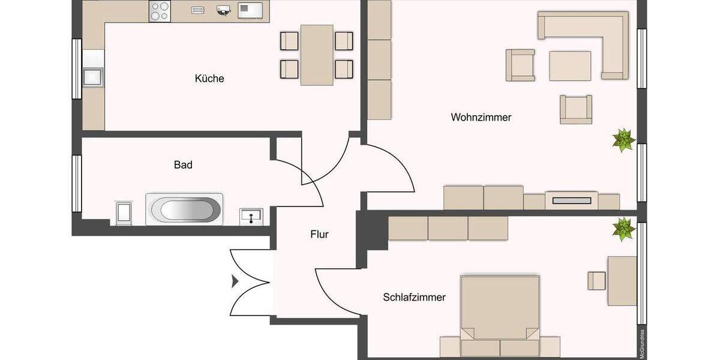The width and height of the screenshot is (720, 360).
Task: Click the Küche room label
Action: pos(209,79)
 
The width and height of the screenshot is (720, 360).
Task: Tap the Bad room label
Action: pos(183,164)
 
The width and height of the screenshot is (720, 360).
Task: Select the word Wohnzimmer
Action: pos(481,118)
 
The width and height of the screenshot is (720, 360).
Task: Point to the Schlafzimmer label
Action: pos(414,297)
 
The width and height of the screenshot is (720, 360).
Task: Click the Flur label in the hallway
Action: pos(319,235)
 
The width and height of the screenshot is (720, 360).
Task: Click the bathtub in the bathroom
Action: pos(184,210)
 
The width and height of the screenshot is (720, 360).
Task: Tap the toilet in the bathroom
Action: pos(124,213)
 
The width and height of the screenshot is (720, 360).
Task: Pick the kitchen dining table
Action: pos(317,55)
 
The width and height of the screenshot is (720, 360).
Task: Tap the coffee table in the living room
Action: pos(570,65)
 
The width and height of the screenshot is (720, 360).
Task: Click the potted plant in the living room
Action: pos(623,140)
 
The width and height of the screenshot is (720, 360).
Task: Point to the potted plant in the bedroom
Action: pos(623,229)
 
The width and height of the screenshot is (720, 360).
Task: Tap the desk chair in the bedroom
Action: pos(596,280)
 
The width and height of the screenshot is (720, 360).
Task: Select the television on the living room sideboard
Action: pos(571,200)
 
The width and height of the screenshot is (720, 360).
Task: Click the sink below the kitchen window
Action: pos(92,77)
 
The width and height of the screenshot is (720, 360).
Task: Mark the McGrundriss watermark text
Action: pos(642,344)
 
